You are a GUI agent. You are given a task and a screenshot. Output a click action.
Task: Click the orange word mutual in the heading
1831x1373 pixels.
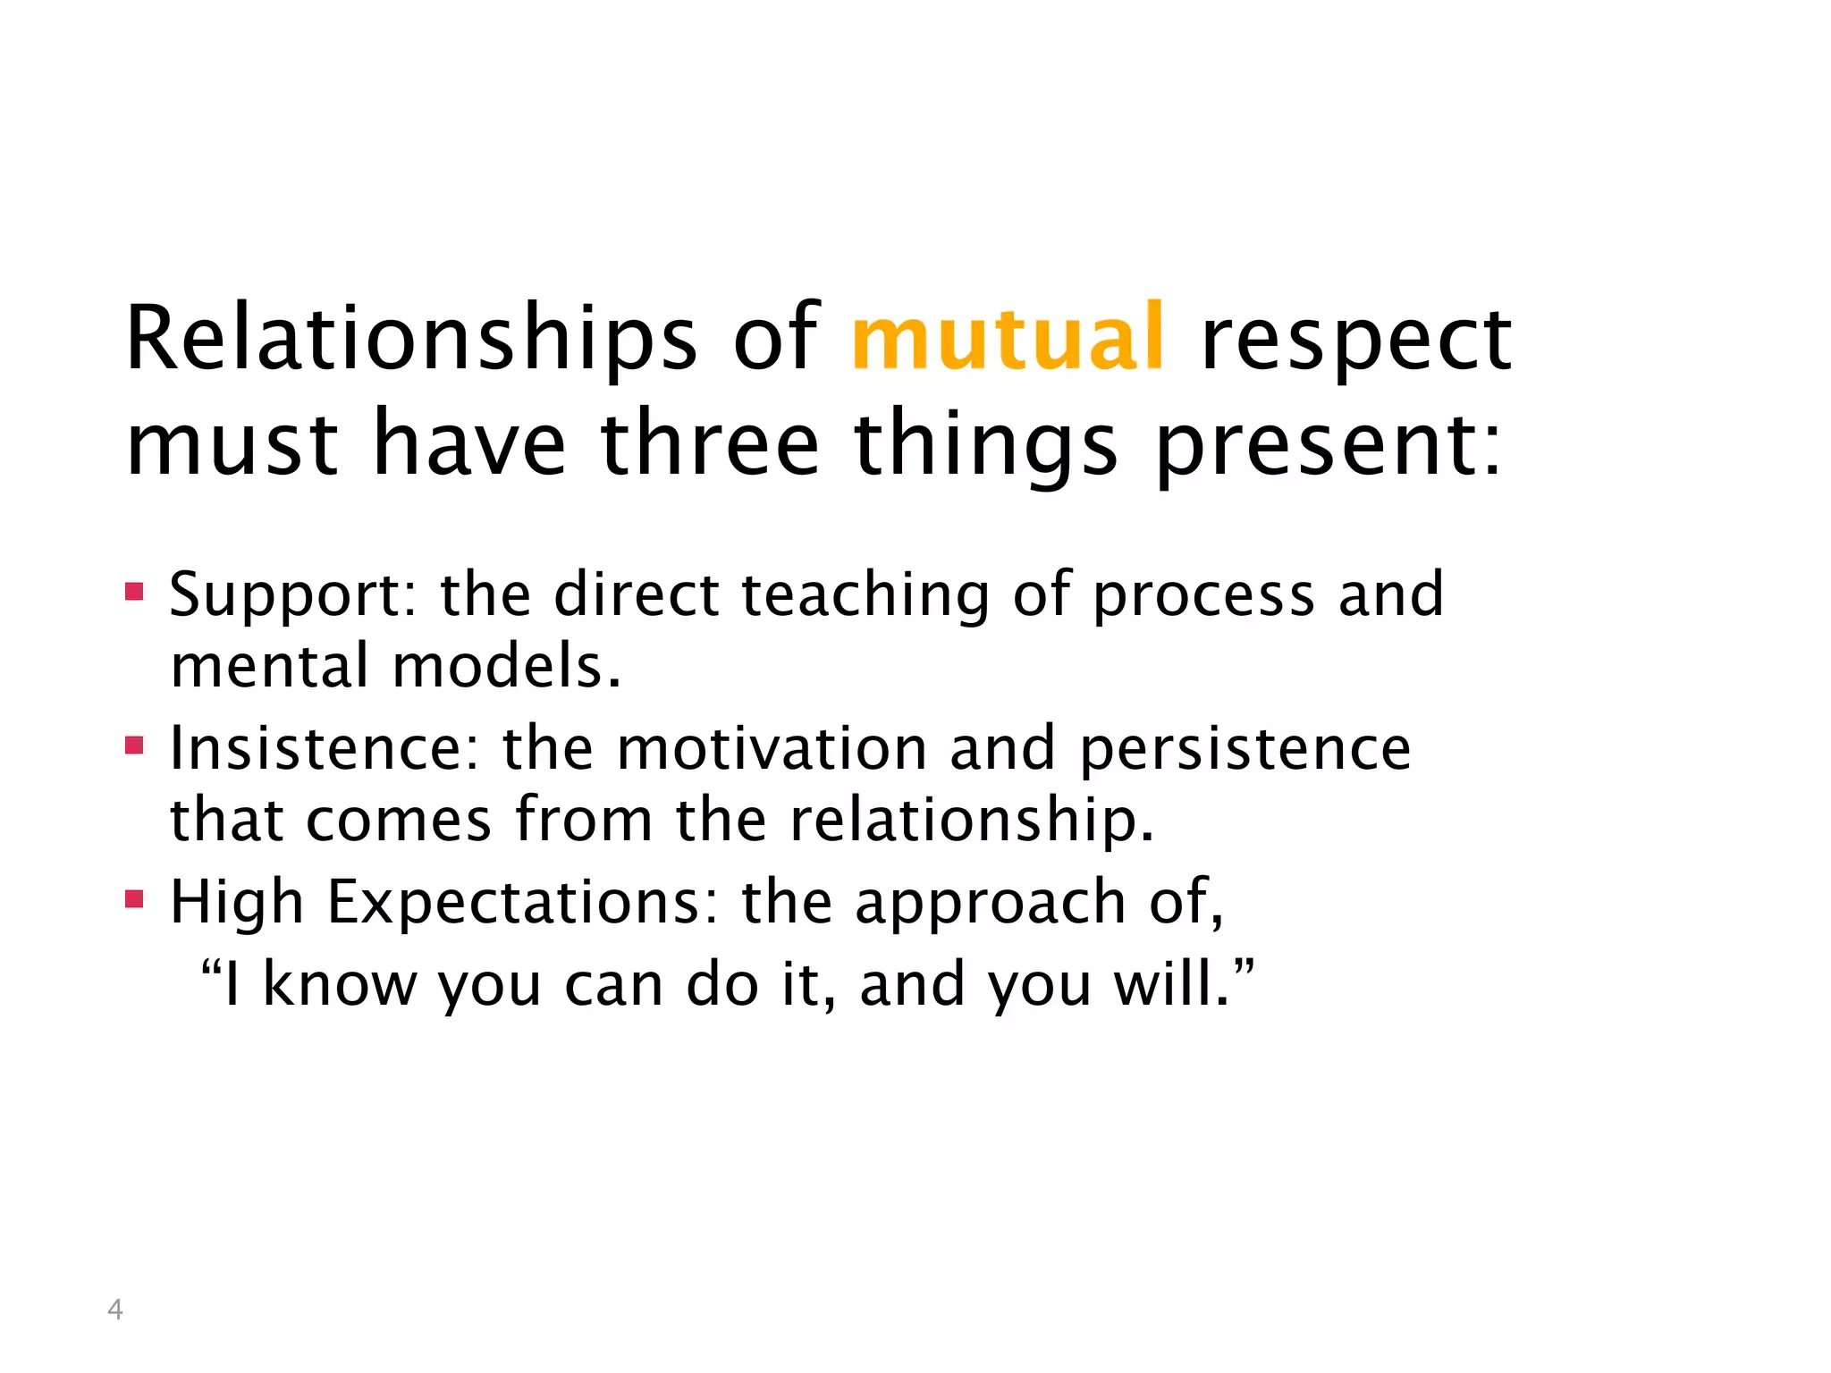(1008, 338)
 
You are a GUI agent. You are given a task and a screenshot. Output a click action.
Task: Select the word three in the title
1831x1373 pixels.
(709, 443)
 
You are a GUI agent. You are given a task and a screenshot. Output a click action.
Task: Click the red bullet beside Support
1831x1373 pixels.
(134, 592)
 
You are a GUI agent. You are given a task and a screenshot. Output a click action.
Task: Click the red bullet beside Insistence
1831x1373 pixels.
(134, 745)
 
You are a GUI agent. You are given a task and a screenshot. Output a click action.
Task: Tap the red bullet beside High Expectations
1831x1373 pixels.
(134, 899)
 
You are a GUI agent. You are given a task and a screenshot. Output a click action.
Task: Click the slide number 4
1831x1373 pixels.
(114, 1310)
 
